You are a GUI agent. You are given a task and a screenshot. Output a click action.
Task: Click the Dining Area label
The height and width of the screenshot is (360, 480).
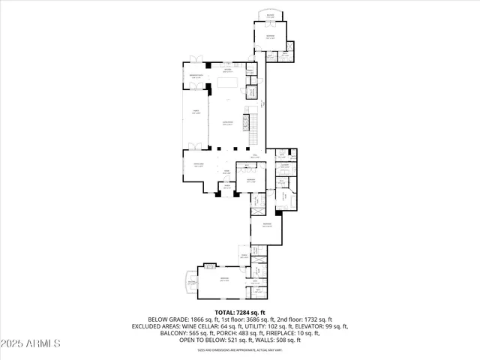pos(199,166)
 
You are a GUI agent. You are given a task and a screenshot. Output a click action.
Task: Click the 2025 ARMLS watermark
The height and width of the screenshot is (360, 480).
pos(31,344)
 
